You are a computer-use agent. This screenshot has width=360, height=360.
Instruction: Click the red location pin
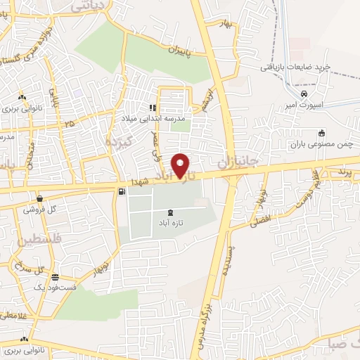[x=181, y=165]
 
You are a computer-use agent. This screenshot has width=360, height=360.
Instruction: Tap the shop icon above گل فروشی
[x=40, y=198]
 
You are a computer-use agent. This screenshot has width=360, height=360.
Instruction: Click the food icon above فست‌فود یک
[x=56, y=276]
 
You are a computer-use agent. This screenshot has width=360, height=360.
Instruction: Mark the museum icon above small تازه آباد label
[x=169, y=212]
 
